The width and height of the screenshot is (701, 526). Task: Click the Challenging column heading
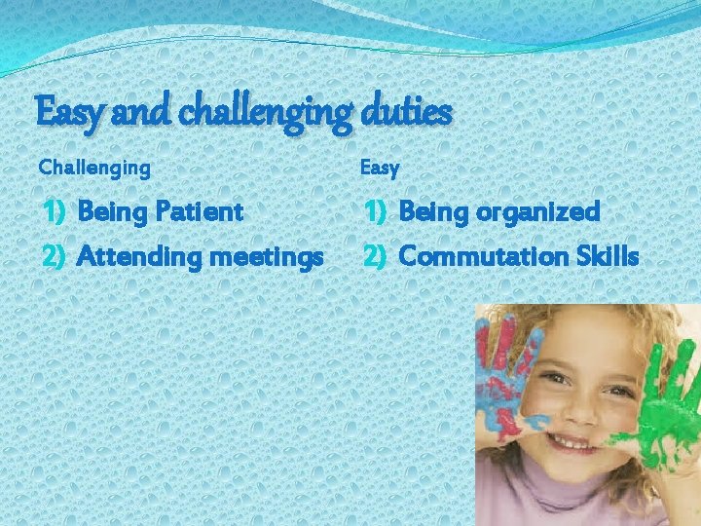tap(94, 168)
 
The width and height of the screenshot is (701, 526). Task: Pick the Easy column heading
tap(380, 169)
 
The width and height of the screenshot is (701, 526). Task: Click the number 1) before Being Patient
tap(55, 211)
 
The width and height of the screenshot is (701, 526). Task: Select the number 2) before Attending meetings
tap(55, 257)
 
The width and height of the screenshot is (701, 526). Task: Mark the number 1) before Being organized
tap(378, 211)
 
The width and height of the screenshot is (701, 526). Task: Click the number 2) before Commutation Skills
tap(378, 257)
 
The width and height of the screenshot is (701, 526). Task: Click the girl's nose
tap(574, 409)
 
